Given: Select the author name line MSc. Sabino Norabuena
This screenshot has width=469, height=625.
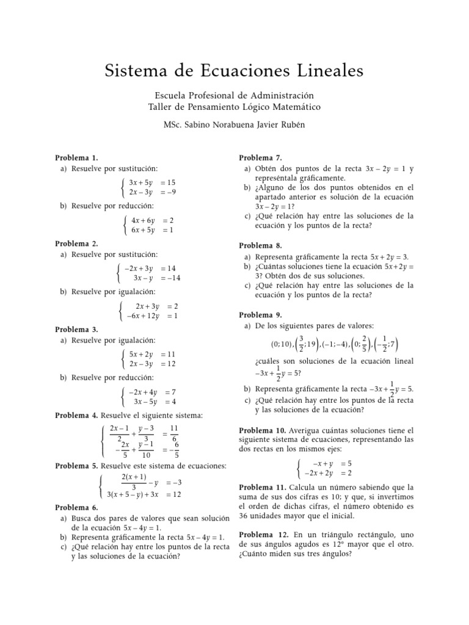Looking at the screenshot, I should [x=234, y=125].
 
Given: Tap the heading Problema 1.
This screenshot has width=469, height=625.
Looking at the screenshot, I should [x=76, y=157].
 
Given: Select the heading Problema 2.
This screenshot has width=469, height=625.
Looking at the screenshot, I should [x=76, y=243].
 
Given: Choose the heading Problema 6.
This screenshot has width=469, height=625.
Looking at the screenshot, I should [x=76, y=507].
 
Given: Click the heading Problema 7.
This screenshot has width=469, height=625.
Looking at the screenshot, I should [x=260, y=157].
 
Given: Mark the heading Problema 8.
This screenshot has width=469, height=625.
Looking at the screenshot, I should [x=260, y=245].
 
